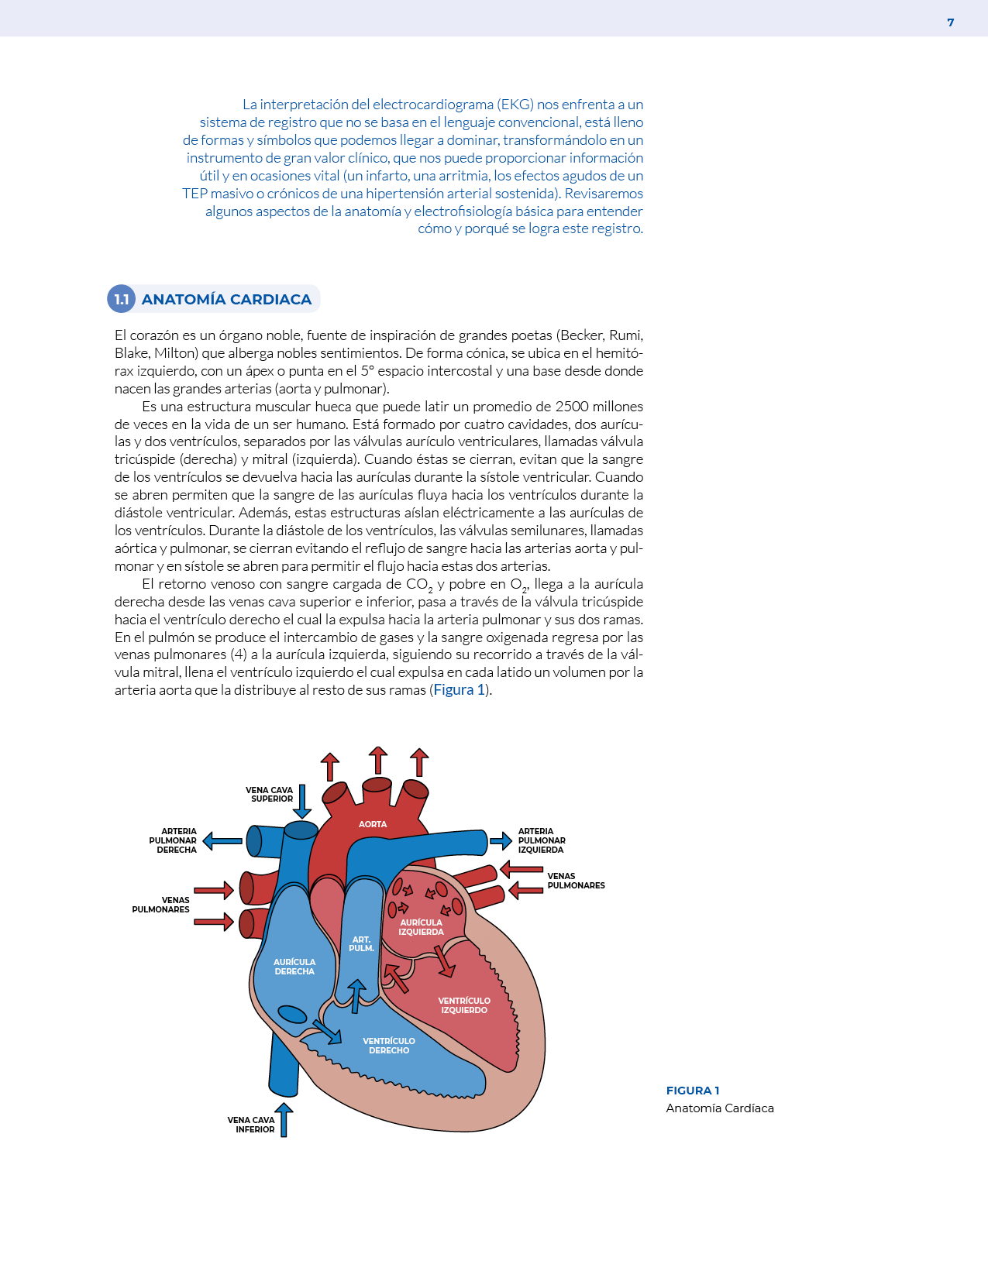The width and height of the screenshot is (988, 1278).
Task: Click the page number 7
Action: (x=951, y=22)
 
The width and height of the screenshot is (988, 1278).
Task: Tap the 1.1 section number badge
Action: (x=121, y=299)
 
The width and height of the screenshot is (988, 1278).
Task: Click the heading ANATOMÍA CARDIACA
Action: (x=226, y=299)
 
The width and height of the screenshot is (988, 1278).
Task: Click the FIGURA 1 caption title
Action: (x=693, y=1091)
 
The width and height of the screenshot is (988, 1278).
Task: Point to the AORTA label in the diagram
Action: (x=373, y=824)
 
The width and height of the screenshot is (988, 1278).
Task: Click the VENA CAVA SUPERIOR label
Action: (x=270, y=795)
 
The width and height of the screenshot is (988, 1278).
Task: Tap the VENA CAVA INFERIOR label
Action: (x=251, y=1125)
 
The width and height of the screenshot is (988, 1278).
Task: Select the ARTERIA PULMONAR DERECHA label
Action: (x=174, y=840)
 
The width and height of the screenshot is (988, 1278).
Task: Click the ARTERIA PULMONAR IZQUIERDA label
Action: (x=541, y=840)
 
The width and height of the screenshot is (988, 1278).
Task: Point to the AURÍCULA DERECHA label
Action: (x=294, y=967)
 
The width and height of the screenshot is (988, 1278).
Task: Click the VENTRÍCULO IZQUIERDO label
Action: (x=464, y=1005)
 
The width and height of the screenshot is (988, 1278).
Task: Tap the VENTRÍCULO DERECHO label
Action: (x=389, y=1046)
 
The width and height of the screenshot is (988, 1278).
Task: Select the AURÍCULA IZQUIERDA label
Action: (x=421, y=927)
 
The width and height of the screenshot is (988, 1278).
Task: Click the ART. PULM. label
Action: (x=361, y=943)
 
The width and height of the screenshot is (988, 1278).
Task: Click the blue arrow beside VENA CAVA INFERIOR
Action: (x=284, y=1119)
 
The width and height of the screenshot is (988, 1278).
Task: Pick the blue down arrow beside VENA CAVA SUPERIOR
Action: (x=302, y=801)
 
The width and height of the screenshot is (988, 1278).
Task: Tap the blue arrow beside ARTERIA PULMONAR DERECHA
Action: (x=222, y=841)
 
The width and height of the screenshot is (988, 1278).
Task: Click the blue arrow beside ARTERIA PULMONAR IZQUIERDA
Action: (x=501, y=841)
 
